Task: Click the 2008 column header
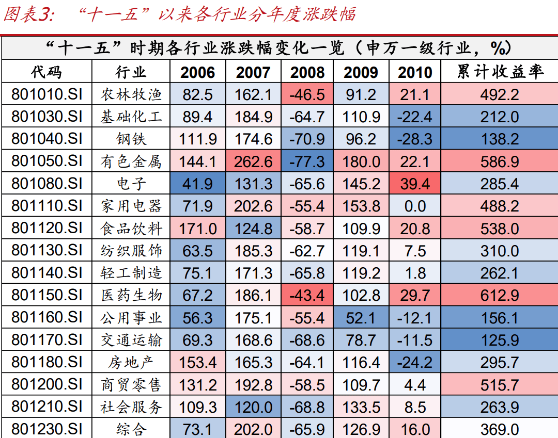(x=307, y=72)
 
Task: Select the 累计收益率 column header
(x=500, y=72)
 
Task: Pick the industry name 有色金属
(x=131, y=161)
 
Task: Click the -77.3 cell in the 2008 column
(x=307, y=161)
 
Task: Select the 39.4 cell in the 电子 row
(x=415, y=184)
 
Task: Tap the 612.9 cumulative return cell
(x=500, y=296)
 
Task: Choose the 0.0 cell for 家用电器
(x=415, y=206)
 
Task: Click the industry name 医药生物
(x=131, y=296)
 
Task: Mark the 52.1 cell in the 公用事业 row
(x=361, y=318)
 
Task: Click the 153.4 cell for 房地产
(x=197, y=362)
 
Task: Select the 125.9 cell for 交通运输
(x=500, y=340)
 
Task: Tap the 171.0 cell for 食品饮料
(x=197, y=229)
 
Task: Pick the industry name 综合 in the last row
(x=131, y=429)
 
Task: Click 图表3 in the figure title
(x=29, y=14)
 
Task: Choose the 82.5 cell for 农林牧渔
(x=197, y=94)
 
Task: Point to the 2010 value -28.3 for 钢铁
(x=415, y=139)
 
